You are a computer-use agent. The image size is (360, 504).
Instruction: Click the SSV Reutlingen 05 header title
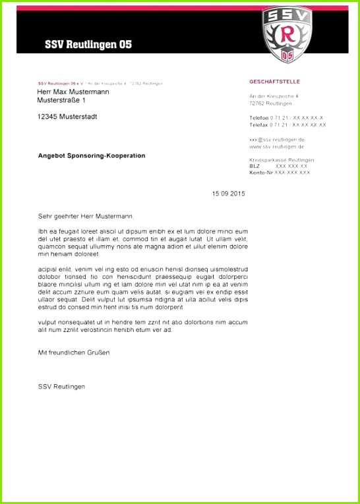coord(88,45)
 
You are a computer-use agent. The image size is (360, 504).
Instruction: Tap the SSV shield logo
coord(285,34)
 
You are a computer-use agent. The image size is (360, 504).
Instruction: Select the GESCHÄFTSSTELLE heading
coord(274,82)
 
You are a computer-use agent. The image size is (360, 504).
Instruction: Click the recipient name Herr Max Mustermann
coord(73,92)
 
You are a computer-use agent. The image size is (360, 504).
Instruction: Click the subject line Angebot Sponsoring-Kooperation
coord(92,155)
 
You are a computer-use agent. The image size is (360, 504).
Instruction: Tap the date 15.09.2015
coord(228,194)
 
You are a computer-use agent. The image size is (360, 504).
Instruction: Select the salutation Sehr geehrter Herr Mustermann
coord(86,216)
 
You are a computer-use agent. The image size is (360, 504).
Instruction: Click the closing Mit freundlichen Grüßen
coord(74,352)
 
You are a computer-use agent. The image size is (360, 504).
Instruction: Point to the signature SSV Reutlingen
coord(61,386)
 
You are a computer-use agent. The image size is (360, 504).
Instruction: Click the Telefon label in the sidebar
coord(259,117)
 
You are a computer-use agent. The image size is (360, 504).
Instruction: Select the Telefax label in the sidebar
coord(259,125)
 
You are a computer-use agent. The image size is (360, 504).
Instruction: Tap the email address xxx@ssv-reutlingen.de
coord(277,140)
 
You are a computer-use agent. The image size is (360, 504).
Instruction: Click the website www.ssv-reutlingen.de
coord(277,146)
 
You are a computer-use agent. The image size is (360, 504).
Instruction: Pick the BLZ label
coord(255,166)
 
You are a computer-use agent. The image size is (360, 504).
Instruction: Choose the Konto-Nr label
coord(261,173)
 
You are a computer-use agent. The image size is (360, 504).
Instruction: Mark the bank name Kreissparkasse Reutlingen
coord(282,160)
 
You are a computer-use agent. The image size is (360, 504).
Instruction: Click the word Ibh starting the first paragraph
coord(43,231)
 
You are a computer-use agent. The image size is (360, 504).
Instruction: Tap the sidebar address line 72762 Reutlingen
coord(270,103)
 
